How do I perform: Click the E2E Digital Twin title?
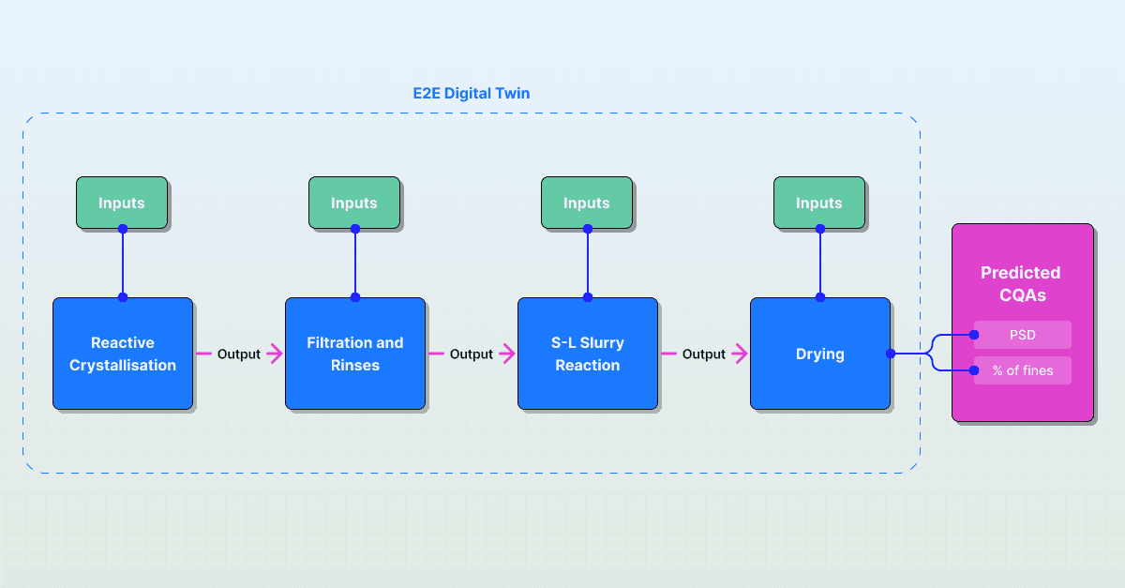[472, 94]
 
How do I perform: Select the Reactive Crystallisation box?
[122, 354]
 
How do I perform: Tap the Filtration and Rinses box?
[354, 354]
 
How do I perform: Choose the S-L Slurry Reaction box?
[587, 354]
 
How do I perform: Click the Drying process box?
[819, 354]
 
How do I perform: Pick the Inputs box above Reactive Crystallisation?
[122, 203]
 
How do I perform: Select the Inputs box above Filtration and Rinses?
[354, 203]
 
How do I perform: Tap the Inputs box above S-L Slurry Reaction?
[587, 203]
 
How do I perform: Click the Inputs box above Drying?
[819, 203]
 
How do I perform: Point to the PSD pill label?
[1023, 335]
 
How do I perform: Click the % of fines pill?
[1023, 370]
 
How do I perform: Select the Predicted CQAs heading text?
[1021, 283]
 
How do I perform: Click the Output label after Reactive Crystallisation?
[239, 354]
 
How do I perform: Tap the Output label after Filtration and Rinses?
[472, 354]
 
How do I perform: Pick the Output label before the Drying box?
[704, 354]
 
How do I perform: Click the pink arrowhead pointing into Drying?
[741, 354]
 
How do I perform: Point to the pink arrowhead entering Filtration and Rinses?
[276, 354]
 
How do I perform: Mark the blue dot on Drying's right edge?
[891, 354]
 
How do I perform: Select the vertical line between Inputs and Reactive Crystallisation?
[122, 263]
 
